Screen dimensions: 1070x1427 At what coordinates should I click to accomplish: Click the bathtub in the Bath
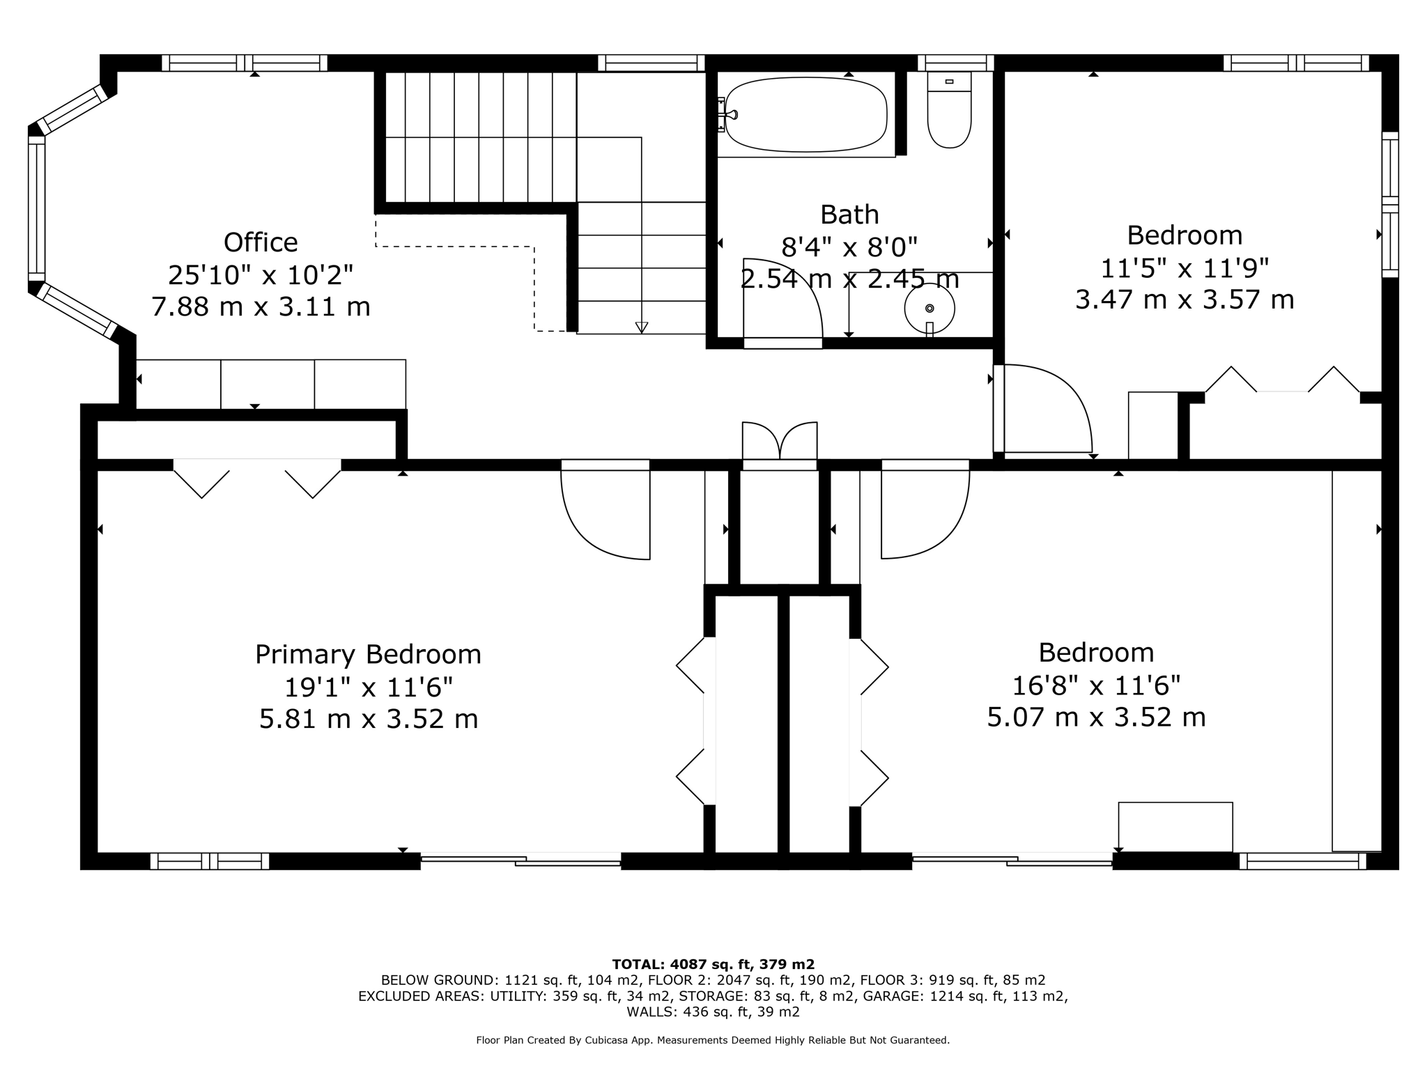pos(806,115)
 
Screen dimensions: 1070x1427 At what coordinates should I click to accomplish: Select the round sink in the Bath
pos(930,308)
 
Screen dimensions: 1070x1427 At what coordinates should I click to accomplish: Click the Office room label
pos(261,243)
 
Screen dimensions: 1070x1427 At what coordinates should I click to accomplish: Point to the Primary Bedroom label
pos(368,655)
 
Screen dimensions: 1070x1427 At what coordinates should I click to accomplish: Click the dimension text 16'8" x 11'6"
pos(1096,686)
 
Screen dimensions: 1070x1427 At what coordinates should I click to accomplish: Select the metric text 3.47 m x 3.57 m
pos(1185,300)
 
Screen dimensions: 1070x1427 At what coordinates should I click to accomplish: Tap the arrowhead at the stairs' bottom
pos(642,327)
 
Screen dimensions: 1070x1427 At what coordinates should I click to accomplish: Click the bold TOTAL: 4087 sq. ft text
pos(712,965)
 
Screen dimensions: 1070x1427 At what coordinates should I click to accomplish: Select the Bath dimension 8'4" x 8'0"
pos(849,247)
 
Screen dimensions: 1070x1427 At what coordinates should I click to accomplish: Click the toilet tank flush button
pos(949,82)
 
